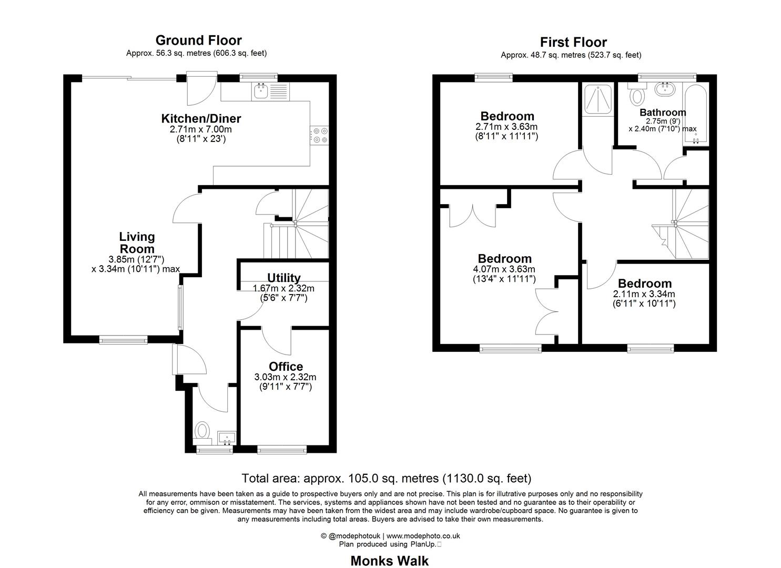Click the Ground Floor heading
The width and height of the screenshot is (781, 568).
(198, 40)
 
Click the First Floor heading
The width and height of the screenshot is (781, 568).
(573, 43)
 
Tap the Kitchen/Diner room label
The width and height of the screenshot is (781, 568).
(201, 118)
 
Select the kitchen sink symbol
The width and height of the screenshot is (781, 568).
(261, 90)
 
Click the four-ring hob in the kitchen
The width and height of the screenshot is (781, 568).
(320, 135)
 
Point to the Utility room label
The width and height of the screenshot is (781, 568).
(283, 278)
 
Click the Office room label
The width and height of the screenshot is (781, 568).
(286, 367)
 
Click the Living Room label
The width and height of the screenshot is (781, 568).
(137, 243)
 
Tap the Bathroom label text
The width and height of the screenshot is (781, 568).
(663, 113)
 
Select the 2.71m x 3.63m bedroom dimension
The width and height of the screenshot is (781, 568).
(506, 127)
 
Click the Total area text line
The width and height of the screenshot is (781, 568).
(386, 479)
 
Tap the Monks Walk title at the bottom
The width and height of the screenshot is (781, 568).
(389, 561)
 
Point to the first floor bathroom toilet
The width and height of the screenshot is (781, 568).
(637, 96)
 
